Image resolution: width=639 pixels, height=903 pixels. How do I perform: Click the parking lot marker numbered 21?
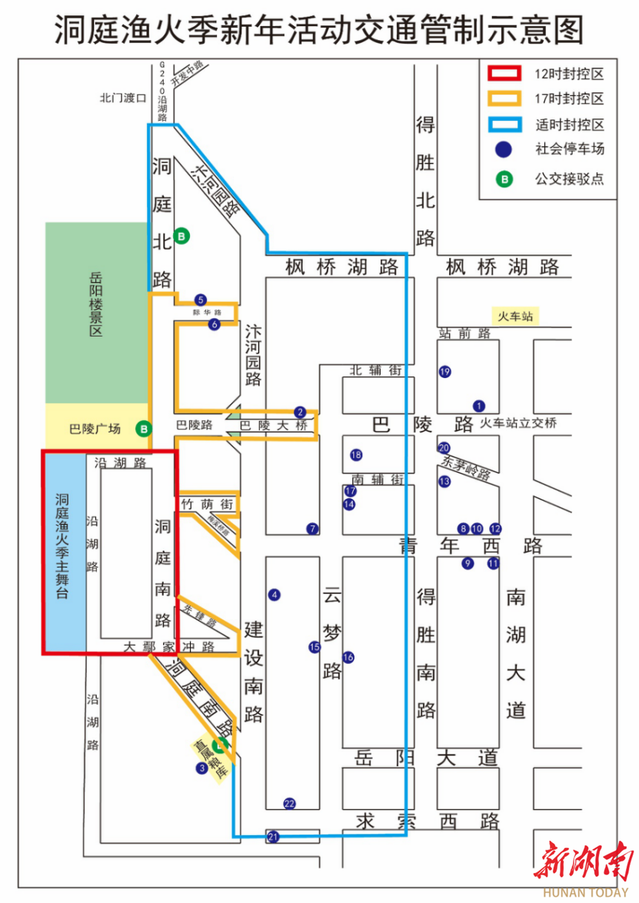coord(272,837)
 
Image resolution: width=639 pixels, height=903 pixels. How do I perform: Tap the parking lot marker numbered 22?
coord(289,804)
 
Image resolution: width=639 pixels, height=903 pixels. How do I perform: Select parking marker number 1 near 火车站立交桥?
coord(480,406)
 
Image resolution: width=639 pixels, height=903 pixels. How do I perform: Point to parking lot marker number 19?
coord(444,372)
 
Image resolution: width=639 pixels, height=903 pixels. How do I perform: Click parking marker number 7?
coord(312,528)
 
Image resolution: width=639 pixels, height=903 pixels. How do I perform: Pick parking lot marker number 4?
coord(274,594)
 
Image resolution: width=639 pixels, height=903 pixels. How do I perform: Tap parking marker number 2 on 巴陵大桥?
coord(300,412)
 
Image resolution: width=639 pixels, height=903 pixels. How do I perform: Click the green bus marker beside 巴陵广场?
coord(144,429)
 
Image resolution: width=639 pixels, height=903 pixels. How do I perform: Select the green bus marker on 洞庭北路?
coord(181,237)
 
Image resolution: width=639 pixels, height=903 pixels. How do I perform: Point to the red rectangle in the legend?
coord(506,74)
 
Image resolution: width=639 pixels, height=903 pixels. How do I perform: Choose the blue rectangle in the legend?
coord(506,124)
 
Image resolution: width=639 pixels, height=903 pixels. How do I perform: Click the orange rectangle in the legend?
coord(506,99)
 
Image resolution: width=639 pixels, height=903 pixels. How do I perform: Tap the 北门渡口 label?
coord(122,98)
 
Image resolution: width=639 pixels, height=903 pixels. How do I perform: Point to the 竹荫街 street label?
coord(206,504)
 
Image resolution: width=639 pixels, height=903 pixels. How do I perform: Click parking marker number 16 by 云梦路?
coord(348,657)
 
